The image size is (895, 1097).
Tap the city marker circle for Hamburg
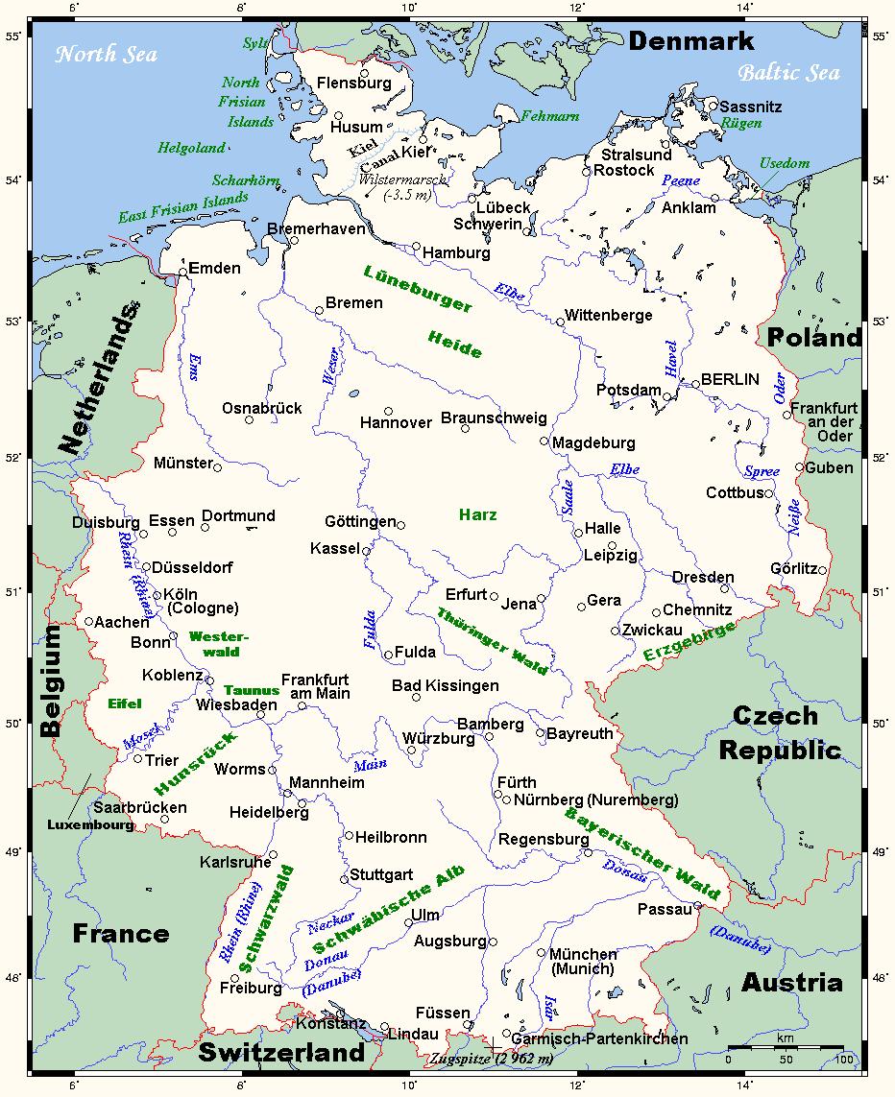point(417,247)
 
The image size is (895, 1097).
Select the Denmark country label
point(691,41)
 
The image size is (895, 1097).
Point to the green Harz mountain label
point(477,515)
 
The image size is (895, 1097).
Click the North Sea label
point(106,54)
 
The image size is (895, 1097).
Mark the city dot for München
point(542,953)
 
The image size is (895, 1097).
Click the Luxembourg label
point(91,824)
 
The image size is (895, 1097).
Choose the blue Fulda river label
point(371,630)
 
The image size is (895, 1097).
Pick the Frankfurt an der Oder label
point(824,421)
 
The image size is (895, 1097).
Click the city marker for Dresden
point(725,588)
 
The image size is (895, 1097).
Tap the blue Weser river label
point(331,366)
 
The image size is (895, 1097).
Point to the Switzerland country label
point(281,1053)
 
